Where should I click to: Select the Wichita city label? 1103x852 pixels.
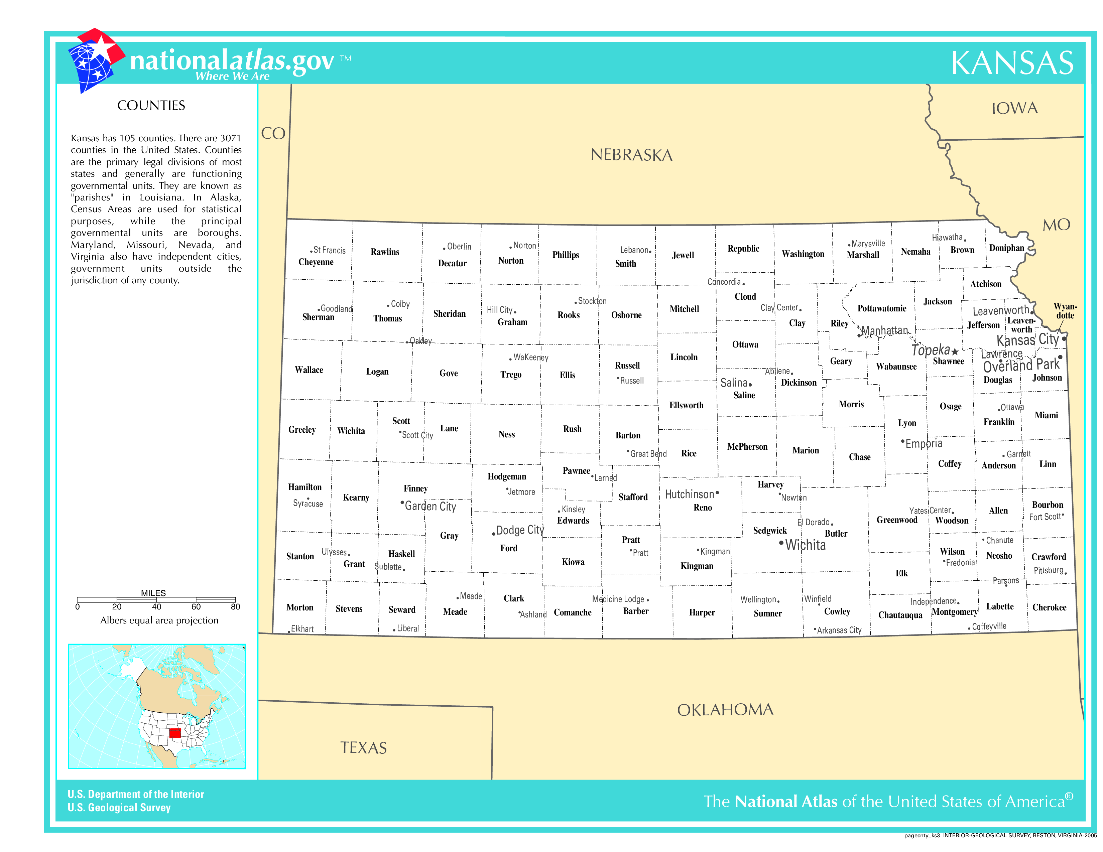(x=805, y=545)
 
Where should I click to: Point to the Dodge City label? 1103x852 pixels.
(x=520, y=530)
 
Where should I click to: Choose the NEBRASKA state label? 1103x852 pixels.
(x=631, y=155)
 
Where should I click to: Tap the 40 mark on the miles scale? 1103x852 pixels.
(x=156, y=607)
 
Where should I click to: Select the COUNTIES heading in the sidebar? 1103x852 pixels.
(x=151, y=106)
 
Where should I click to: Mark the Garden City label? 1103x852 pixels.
(x=430, y=506)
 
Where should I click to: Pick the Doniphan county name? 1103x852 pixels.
(x=1006, y=248)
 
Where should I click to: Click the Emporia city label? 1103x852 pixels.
(x=923, y=444)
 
